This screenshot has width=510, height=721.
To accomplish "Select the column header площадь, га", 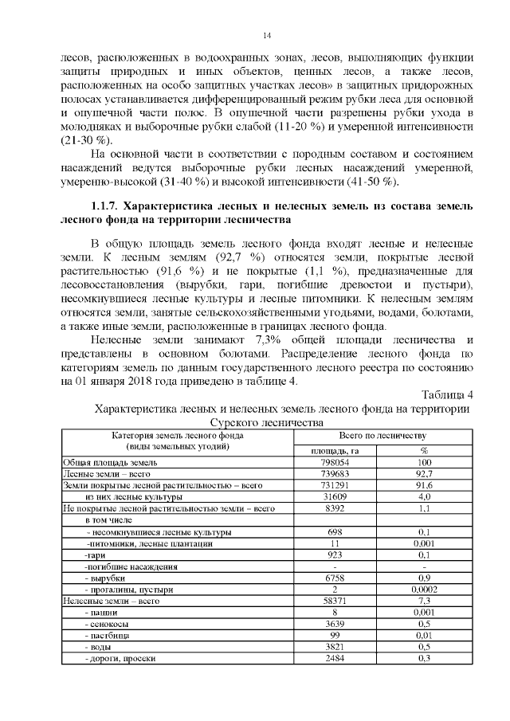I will [335, 450].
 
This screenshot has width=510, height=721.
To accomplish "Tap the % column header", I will [424, 450].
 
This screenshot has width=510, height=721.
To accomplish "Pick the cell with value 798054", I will [335, 462].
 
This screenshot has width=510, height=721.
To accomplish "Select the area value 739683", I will [335, 473].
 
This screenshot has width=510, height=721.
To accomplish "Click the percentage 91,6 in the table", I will [424, 484].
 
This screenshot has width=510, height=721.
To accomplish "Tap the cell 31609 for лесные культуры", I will [335, 496].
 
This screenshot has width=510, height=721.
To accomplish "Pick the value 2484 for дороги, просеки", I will [335, 659].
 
